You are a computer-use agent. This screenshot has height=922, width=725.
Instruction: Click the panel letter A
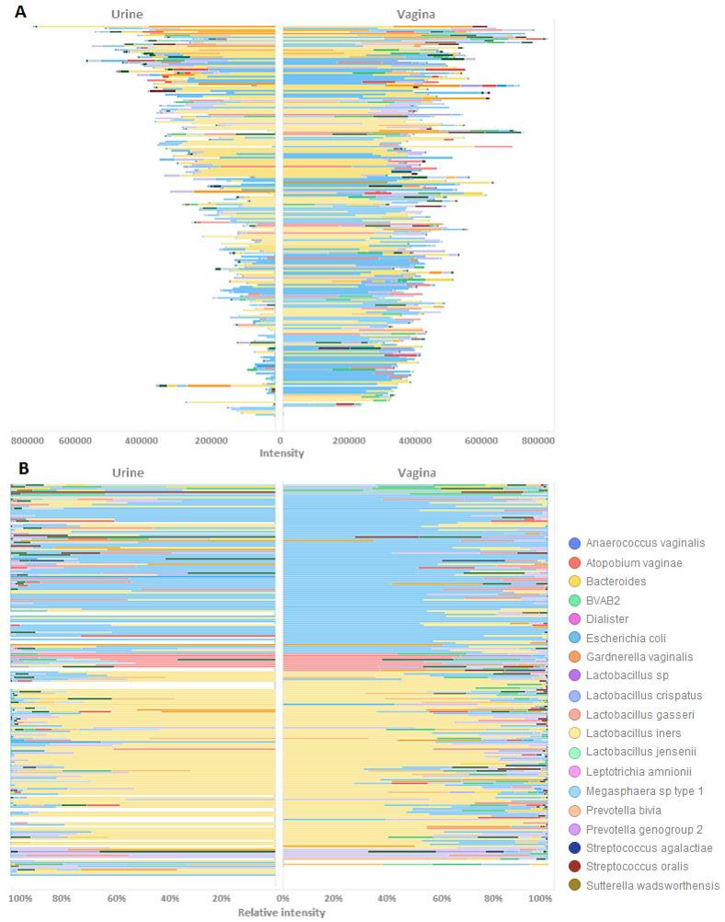[19, 12]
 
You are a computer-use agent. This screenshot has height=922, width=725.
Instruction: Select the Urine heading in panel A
[126, 14]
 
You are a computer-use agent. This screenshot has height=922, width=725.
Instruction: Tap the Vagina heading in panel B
[416, 472]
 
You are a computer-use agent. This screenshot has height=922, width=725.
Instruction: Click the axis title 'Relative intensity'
[281, 913]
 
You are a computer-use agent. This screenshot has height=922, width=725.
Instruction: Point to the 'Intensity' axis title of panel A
[281, 454]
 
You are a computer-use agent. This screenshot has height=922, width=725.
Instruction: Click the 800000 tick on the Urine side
[29, 441]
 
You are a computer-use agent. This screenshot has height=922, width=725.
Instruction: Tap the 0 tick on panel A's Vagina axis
[282, 441]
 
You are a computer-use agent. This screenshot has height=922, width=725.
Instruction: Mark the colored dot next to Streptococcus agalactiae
[574, 847]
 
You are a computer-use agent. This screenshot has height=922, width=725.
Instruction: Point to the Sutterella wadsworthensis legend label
[653, 885]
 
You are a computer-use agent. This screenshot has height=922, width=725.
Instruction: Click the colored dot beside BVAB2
[574, 601]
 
